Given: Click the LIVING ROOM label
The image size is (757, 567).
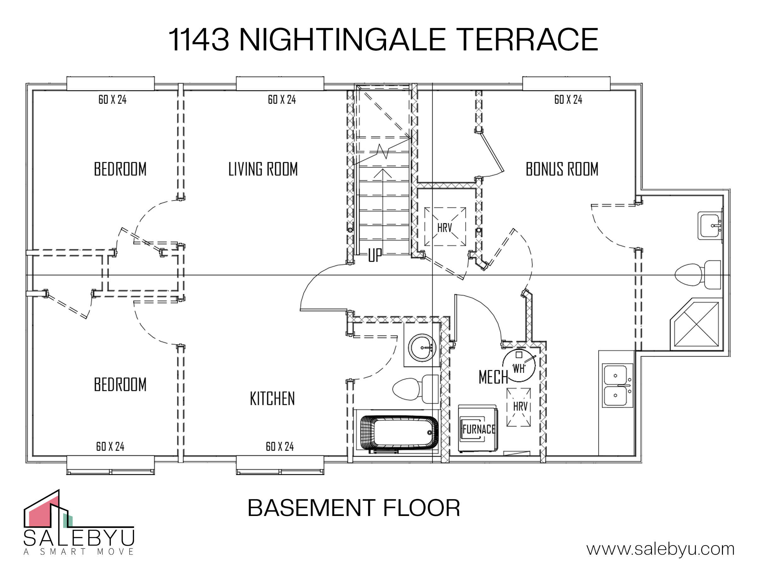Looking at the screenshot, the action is pos(263,169).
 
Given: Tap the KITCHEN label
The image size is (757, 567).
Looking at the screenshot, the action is pos(272,398).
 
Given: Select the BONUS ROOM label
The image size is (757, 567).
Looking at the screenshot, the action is pos(562,169).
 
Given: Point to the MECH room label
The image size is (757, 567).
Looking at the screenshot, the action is pos(493,377).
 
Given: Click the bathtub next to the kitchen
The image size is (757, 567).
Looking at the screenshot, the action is pos(399,432).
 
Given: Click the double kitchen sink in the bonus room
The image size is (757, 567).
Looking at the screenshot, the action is pos(617,385).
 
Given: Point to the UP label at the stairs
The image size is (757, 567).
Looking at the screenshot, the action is pos(375,255).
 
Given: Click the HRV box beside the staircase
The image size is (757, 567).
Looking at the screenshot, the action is pos(445,226).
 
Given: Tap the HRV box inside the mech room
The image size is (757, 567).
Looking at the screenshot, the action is pos(519,407).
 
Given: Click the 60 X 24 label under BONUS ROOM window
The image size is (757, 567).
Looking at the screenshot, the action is pos(568,100).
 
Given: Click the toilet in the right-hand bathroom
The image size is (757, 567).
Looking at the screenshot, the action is pos(697,274).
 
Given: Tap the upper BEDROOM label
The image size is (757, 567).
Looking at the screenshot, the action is pos(120,169).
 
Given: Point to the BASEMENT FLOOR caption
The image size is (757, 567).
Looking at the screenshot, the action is pos(354,508).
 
